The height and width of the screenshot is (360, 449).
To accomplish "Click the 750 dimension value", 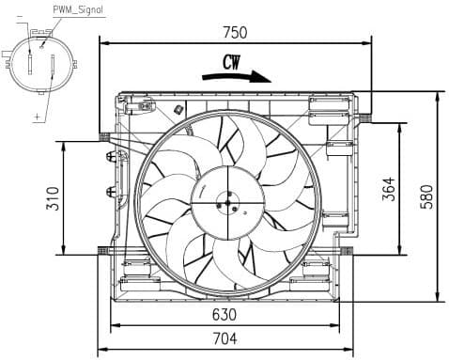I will tap(234, 32).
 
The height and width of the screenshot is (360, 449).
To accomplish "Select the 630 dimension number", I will tap(224, 314).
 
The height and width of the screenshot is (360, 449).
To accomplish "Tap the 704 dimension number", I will tap(224, 338).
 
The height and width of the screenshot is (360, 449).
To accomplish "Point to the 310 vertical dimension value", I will tap(53, 197).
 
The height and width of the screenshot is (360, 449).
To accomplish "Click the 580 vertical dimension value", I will tap(426, 196).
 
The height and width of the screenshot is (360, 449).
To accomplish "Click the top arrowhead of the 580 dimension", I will tap(439, 94).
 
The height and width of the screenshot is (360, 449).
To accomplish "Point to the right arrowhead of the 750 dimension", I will tap(369, 42).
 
